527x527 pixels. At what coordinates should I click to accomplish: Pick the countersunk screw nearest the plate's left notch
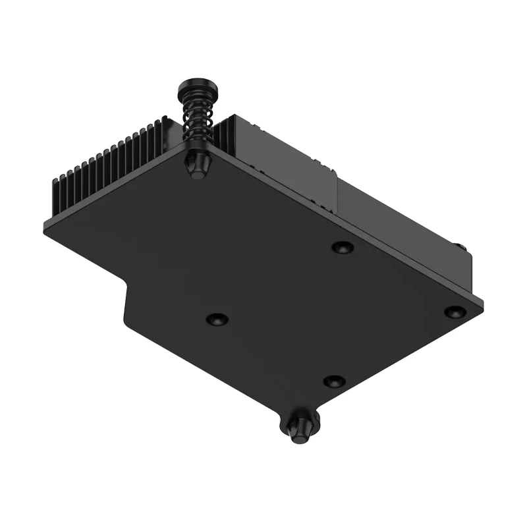[x=216, y=319]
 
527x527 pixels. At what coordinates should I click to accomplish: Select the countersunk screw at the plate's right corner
[x=455, y=311]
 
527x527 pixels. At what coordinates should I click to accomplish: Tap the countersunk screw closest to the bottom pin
[x=335, y=381]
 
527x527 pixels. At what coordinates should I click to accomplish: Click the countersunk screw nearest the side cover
[x=341, y=247]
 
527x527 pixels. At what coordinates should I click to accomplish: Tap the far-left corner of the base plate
[x=45, y=227]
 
